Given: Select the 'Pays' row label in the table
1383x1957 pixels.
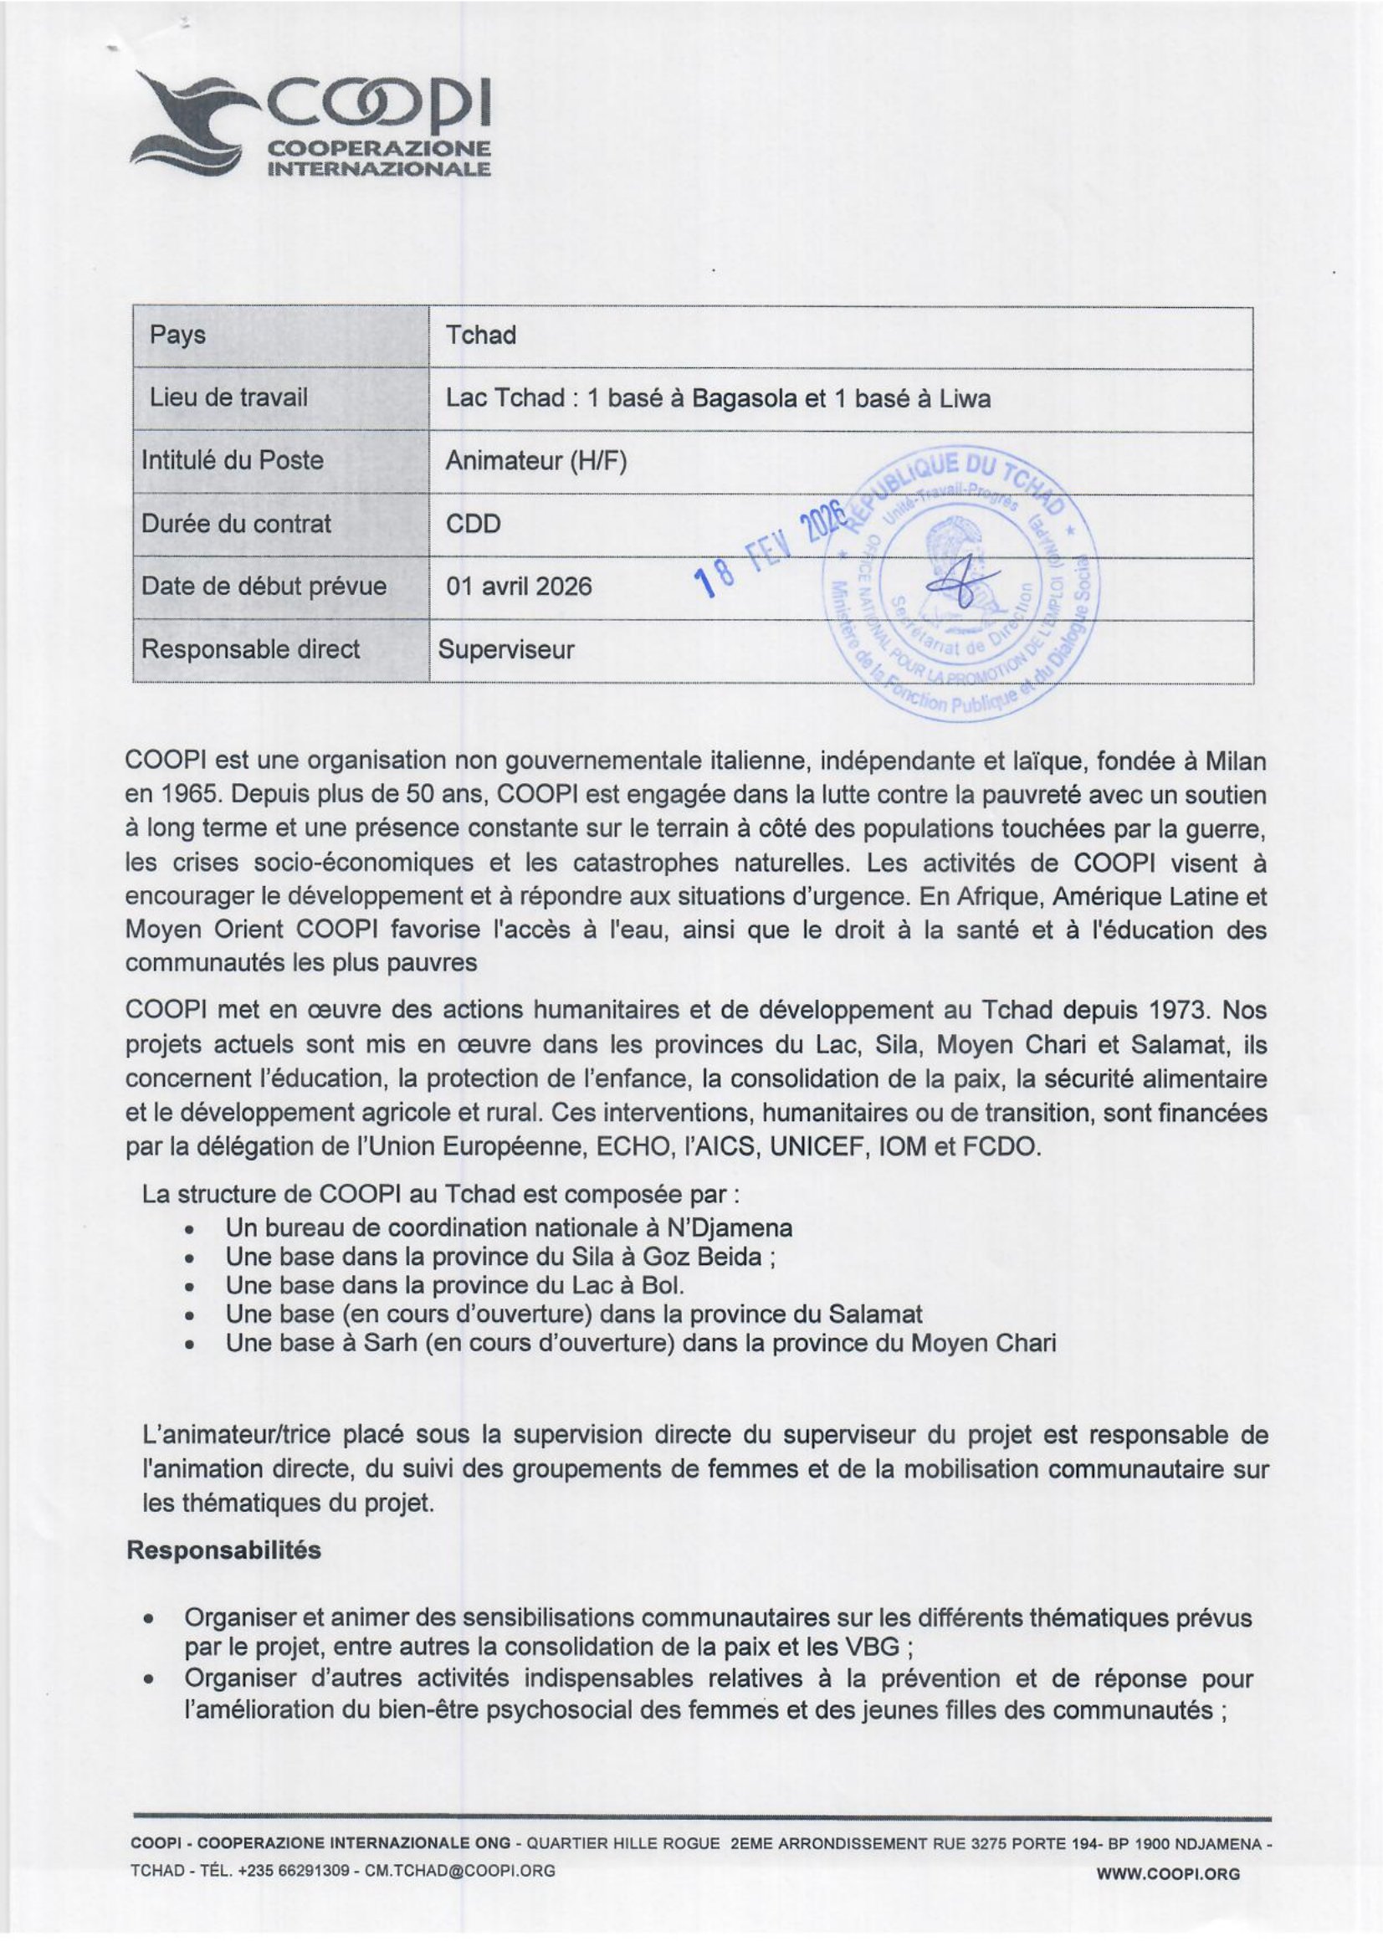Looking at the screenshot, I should coord(177,335).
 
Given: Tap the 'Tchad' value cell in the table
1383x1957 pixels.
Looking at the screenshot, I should coord(480,335).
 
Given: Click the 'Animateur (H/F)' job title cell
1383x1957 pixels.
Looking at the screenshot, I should coord(536,461).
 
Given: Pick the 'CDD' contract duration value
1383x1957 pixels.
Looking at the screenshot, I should coord(473,523).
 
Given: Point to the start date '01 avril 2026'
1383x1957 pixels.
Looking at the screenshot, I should coord(518,587).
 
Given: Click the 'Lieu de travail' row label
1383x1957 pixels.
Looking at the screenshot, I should coord(228,397).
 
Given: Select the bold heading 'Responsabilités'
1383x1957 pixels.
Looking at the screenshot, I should coord(223,1550).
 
